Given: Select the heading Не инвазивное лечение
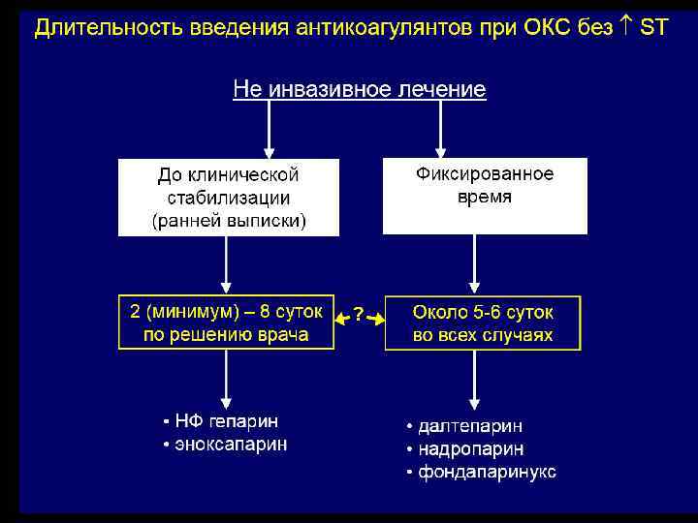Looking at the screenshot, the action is click(359, 90).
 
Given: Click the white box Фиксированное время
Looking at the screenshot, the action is click(485, 195).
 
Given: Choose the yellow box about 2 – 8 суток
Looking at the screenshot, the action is click(226, 323).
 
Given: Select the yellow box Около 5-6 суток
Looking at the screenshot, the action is click(483, 323).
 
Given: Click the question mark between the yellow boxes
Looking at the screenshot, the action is click(359, 315).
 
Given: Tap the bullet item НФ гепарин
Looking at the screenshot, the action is click(226, 422).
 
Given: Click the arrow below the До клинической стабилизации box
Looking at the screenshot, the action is click(226, 264).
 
